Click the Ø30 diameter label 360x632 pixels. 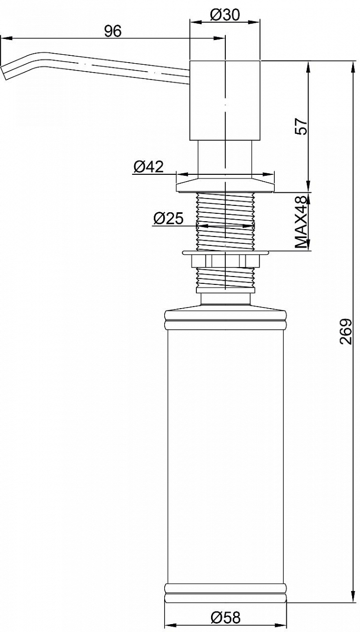click(x=225, y=15)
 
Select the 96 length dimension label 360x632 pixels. click(x=113, y=31)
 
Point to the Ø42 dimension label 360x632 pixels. click(x=148, y=167)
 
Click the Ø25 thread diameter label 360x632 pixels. click(x=168, y=219)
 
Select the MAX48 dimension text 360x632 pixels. click(x=301, y=222)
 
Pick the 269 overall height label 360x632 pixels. click(x=346, y=332)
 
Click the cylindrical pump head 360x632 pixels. click(x=225, y=100)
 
